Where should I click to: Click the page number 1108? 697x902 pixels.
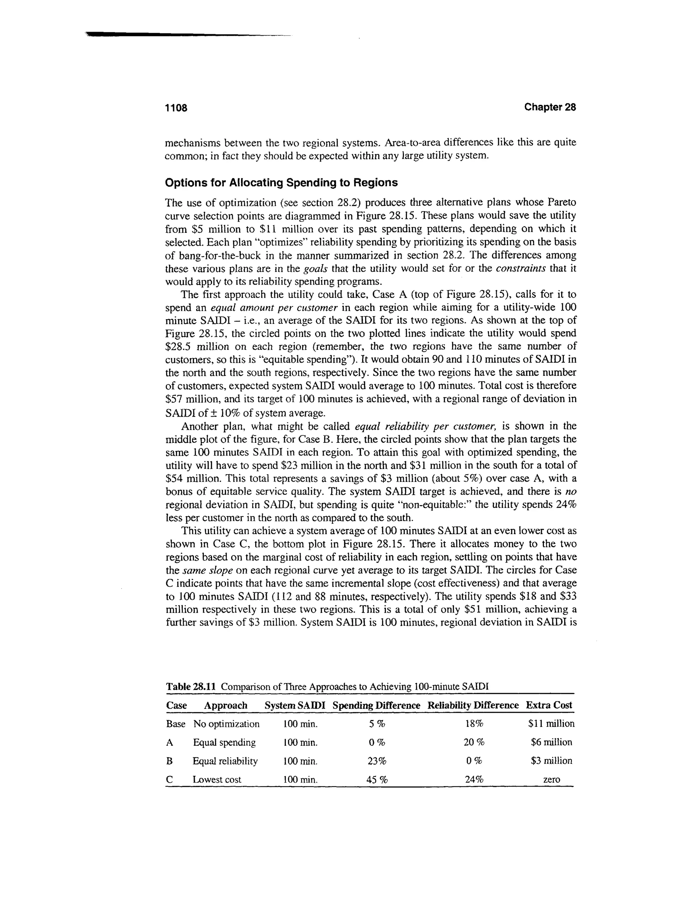176,108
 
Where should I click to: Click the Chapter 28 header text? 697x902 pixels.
550,107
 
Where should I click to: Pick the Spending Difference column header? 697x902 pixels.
376,705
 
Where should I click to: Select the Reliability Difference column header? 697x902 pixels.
473,705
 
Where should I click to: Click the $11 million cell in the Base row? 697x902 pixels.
551,724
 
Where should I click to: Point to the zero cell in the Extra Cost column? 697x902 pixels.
552,780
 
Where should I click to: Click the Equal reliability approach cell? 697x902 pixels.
225,761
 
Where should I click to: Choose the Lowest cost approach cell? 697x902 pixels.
217,780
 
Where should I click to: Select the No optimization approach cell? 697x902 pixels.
226,724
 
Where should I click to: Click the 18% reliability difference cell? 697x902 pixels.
474,724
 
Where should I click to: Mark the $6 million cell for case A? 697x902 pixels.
551,742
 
